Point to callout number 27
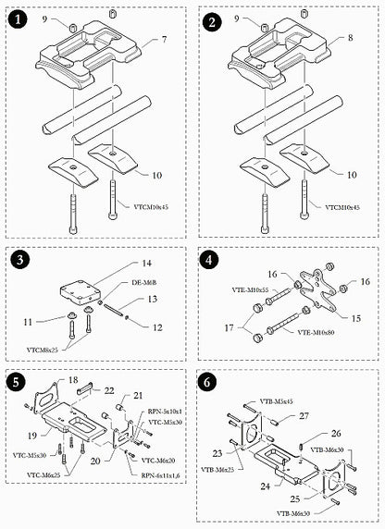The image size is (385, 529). pyautogui.click(x=303, y=416)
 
